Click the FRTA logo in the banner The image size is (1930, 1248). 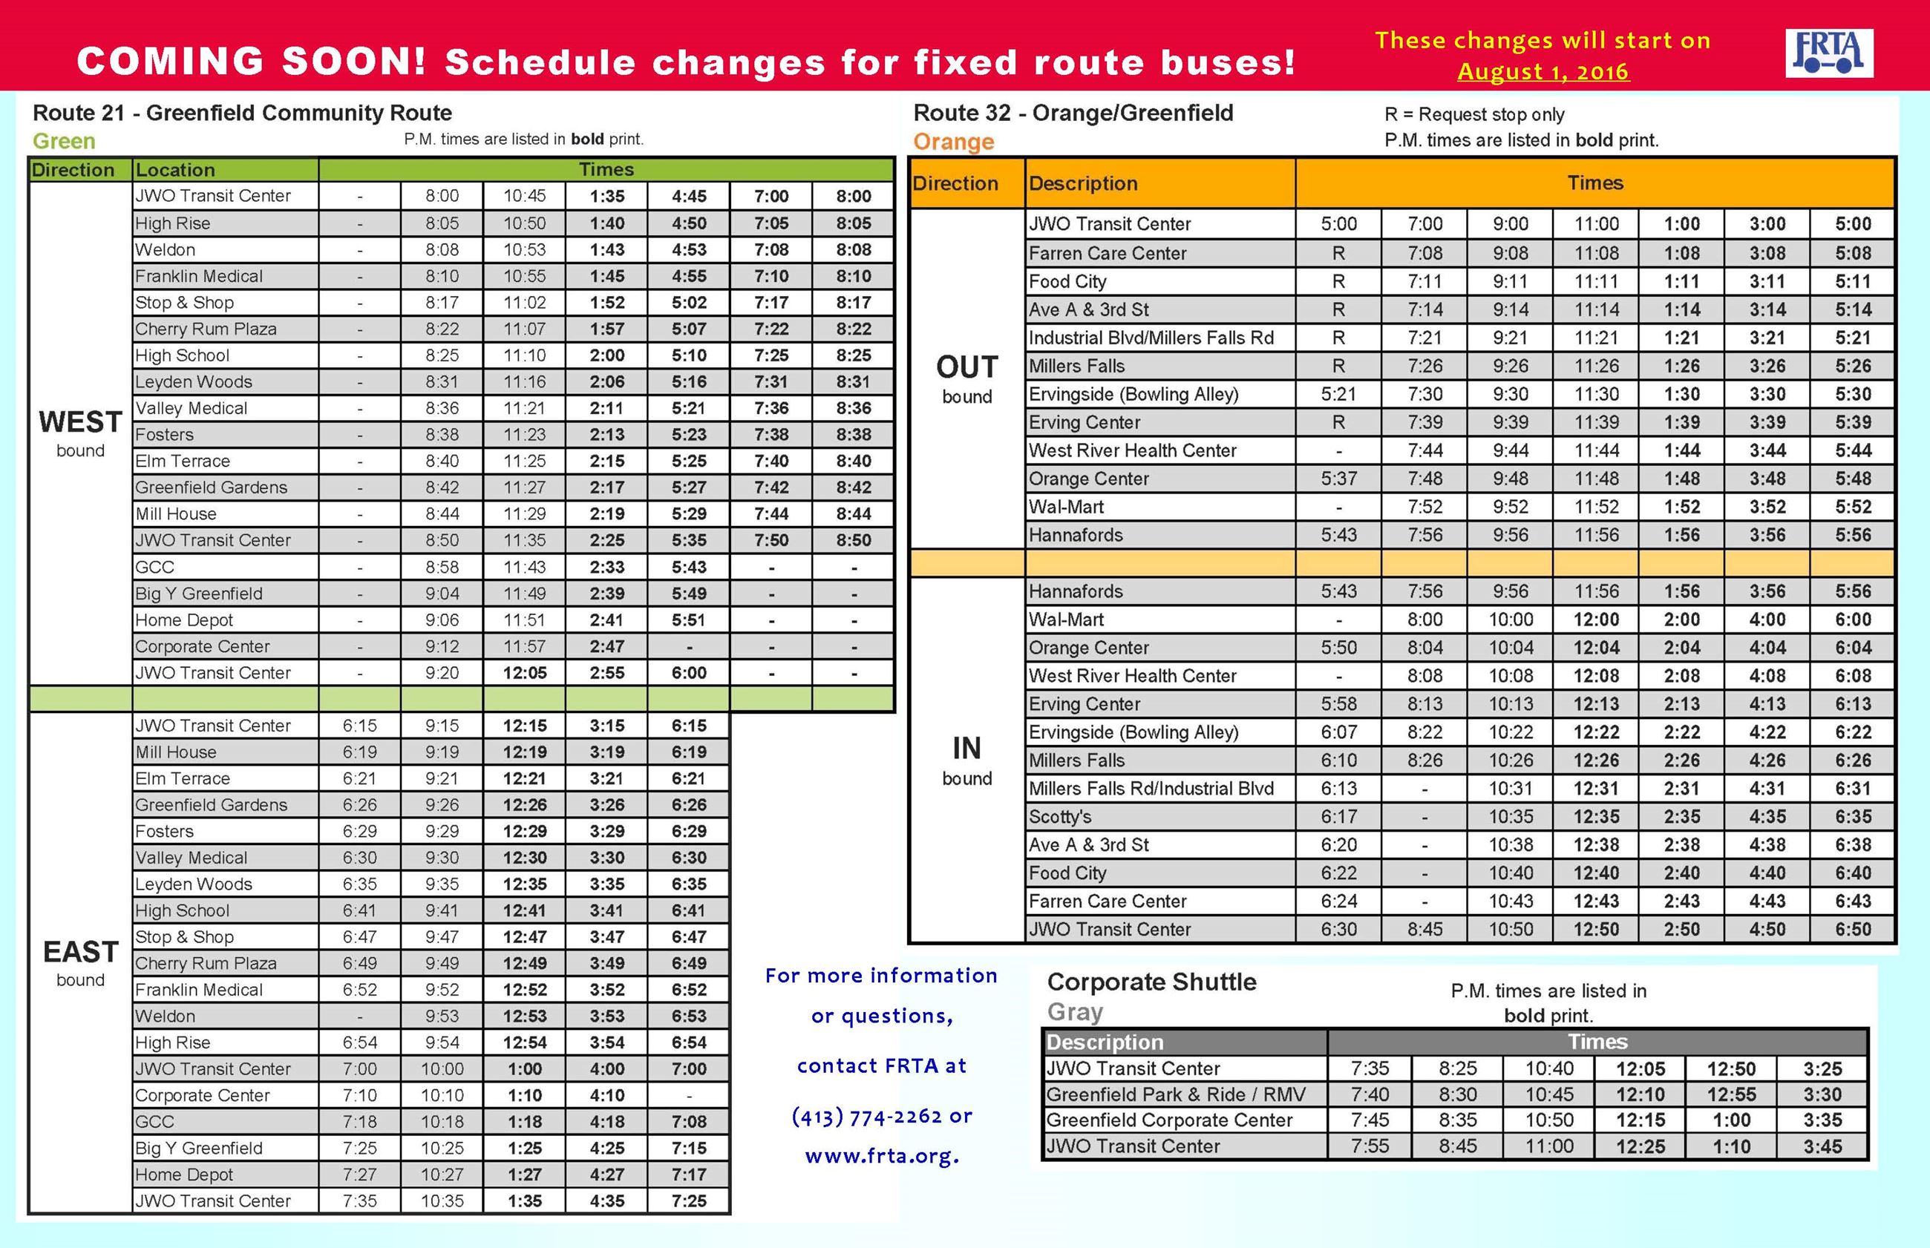pyautogui.click(x=1829, y=53)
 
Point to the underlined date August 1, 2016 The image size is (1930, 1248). pyautogui.click(x=1543, y=71)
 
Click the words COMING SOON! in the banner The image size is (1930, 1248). pyautogui.click(x=252, y=62)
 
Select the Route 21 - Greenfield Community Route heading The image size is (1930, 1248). pyautogui.click(x=241, y=113)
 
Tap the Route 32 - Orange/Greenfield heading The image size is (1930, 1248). pyautogui.click(x=1073, y=113)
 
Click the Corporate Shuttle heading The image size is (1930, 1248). pyautogui.click(x=1151, y=982)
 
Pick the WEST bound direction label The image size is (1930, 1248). pyautogui.click(x=80, y=433)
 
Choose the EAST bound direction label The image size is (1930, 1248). pyautogui.click(x=80, y=962)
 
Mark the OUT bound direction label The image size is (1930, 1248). pyautogui.click(x=967, y=378)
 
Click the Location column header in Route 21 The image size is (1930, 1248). pyautogui.click(x=175, y=170)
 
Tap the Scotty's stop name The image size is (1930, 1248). pyautogui.click(x=1060, y=817)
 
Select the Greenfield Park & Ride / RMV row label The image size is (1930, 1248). pyautogui.click(x=1175, y=1095)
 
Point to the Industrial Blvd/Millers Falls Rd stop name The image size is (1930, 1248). pyautogui.click(x=1151, y=338)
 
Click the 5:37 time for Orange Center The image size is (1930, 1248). pyautogui.click(x=1338, y=479)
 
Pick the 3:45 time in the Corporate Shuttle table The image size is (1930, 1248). pyautogui.click(x=1822, y=1146)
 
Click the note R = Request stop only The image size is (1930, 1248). pyautogui.click(x=1473, y=114)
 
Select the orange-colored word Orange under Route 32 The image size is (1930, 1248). pyautogui.click(x=953, y=142)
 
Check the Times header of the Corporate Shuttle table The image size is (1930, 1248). pyautogui.click(x=1597, y=1042)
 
